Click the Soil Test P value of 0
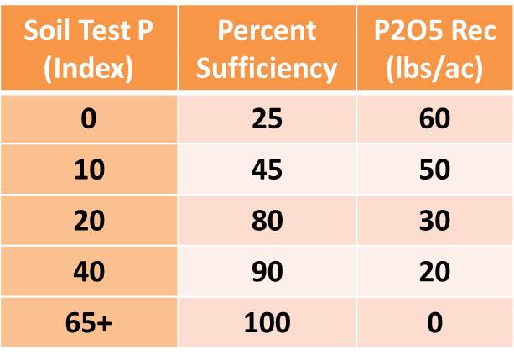click(89, 119)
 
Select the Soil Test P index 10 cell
click(89, 170)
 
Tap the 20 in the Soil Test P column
click(89, 221)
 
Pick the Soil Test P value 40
click(89, 271)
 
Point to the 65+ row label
click(89, 322)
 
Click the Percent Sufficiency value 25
click(267, 119)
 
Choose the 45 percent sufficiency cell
click(267, 170)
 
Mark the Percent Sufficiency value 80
click(267, 221)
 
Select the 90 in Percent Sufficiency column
click(267, 271)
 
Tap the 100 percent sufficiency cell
click(267, 322)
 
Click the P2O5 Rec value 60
click(434, 119)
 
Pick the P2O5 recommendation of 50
click(434, 170)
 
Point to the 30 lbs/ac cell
click(434, 221)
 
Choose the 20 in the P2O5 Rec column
click(434, 271)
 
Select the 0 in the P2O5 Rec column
click(434, 322)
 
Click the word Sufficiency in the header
click(267, 67)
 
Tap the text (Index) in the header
click(89, 67)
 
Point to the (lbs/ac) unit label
click(434, 67)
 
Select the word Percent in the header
click(267, 31)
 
